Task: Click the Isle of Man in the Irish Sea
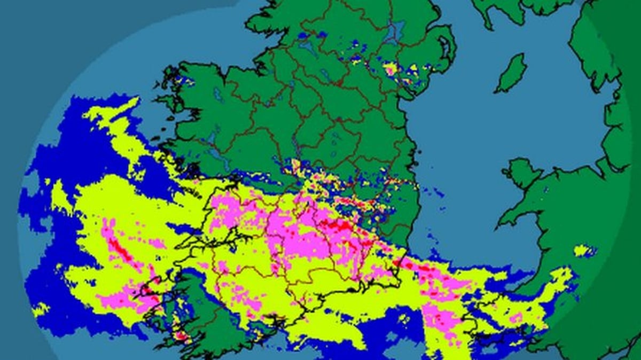tap(512, 73)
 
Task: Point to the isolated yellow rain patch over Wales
tap(584, 251)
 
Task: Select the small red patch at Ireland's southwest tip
tap(182, 336)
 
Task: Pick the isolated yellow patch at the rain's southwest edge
tap(40, 309)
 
